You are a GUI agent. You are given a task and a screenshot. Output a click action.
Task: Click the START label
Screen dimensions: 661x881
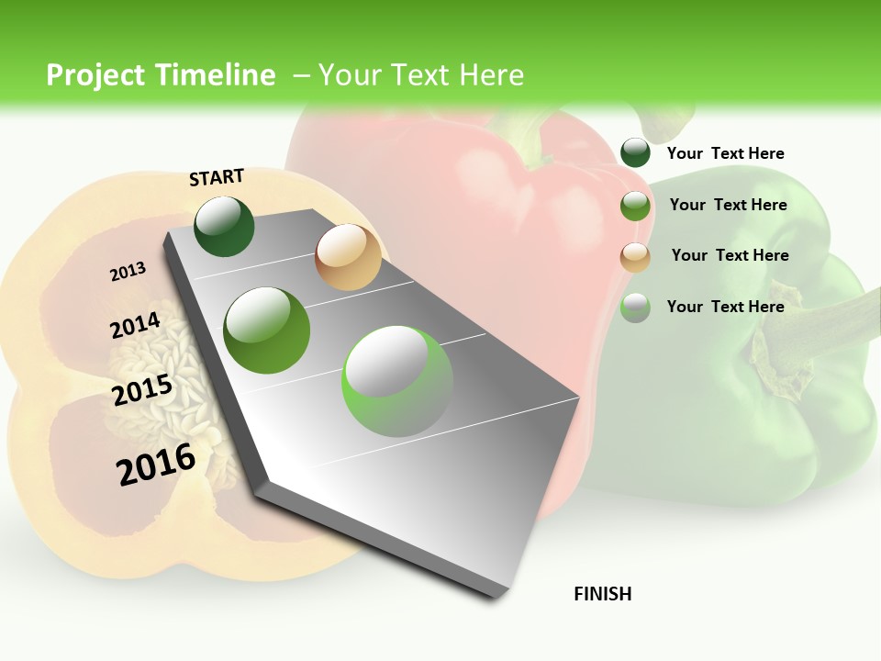pos(217,177)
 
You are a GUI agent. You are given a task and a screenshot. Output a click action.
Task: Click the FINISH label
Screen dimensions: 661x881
pos(603,594)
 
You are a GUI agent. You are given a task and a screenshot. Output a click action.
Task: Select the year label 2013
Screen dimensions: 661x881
pos(128,271)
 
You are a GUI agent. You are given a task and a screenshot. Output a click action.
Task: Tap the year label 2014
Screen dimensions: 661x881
pos(135,326)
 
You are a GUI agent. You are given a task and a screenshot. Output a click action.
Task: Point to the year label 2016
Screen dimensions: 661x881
pos(156,464)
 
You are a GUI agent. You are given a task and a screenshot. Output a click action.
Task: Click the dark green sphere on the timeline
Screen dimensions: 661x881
pos(224,227)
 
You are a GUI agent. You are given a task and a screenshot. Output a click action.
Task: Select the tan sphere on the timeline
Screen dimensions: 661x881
pos(348,257)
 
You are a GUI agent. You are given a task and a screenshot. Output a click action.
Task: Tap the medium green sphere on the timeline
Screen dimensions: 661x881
pos(267,330)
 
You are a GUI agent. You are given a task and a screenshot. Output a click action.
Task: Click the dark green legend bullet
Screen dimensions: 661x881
pos(635,153)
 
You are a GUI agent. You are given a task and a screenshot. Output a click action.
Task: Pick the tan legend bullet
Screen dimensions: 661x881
pos(635,257)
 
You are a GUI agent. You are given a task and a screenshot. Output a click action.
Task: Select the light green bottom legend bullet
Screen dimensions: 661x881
pos(635,308)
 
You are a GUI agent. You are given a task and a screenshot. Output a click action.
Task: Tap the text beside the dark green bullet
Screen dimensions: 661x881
pos(725,153)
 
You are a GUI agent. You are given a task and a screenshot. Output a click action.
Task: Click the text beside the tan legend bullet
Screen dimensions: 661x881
pos(730,255)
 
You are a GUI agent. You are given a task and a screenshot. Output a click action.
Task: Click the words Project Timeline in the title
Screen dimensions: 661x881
pos(161,75)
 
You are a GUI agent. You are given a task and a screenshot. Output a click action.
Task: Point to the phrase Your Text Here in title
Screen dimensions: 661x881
pos(420,75)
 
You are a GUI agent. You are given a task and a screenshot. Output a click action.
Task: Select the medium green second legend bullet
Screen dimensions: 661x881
pos(635,206)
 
